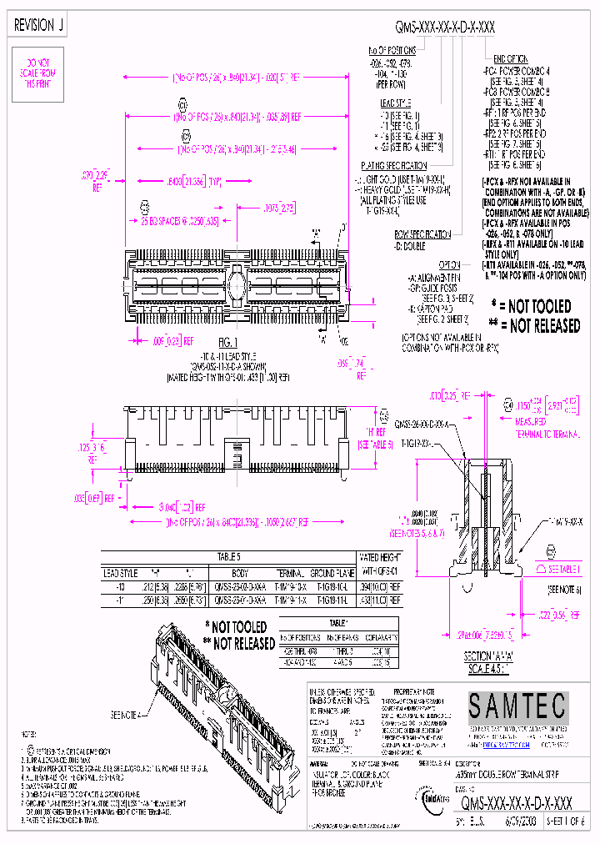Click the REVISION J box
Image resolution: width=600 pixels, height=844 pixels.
38,26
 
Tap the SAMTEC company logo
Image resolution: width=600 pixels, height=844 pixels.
517,706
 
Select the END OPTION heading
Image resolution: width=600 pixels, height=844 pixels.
512,59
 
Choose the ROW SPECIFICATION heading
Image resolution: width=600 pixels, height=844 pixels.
422,234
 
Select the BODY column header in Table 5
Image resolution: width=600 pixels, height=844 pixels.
240,573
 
